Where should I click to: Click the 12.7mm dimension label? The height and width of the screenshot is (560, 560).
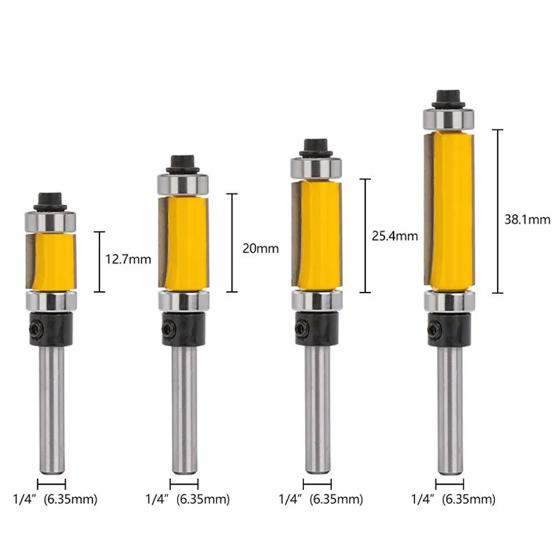[128, 259]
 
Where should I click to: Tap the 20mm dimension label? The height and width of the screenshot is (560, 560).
[260, 248]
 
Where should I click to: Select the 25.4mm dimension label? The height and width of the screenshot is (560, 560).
[395, 236]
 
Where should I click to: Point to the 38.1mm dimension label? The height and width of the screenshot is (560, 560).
[527, 219]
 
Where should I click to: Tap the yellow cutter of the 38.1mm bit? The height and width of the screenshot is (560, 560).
[449, 211]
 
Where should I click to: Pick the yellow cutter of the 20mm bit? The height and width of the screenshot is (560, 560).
[183, 244]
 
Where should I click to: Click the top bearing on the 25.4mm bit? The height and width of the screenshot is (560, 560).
[316, 168]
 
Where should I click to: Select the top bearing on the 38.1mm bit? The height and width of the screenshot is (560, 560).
[449, 120]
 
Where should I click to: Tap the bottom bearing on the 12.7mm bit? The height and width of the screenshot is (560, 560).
[51, 301]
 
